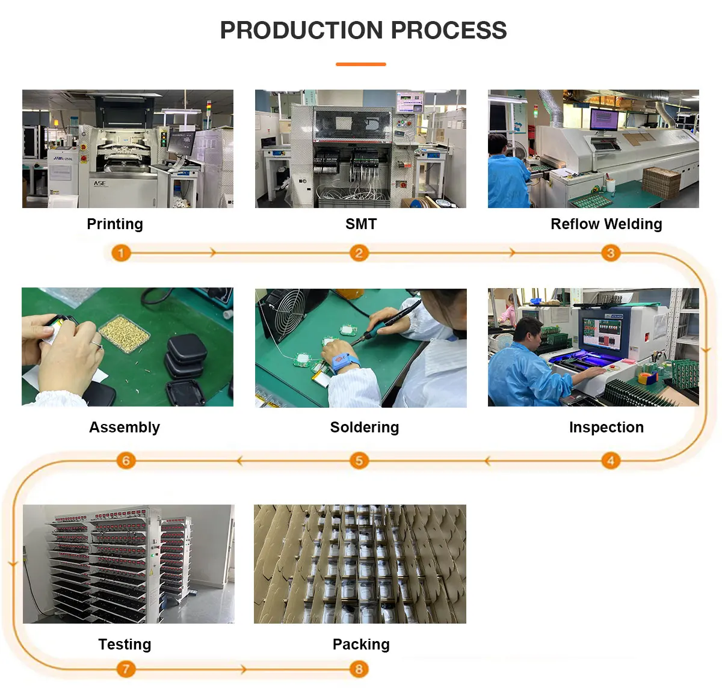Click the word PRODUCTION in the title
coord(301,31)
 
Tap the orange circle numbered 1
coord(121,253)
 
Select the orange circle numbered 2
coord(359,253)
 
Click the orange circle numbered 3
coord(610,253)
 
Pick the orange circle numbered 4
coord(610,461)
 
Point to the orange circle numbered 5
coord(359,461)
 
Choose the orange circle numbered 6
coord(126,461)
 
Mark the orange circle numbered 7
coord(126,669)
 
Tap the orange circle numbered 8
coord(359,669)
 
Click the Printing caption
coord(115,224)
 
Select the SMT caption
coord(361,224)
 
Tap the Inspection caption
coord(606,428)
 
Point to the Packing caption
coord(361,645)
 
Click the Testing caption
coord(125,645)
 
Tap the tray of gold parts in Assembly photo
coord(124,333)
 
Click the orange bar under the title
coord(360,64)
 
